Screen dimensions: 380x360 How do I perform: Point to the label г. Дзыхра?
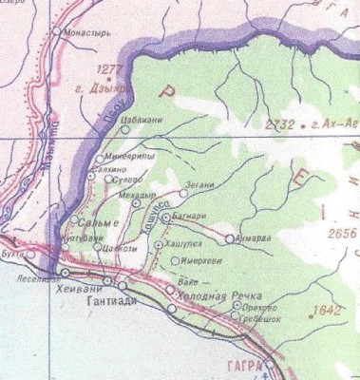tap(121, 82)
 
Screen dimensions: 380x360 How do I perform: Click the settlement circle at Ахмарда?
tap(229, 237)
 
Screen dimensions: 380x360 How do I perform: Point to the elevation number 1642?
tap(325, 310)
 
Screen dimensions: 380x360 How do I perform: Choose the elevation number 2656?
tap(338, 232)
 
